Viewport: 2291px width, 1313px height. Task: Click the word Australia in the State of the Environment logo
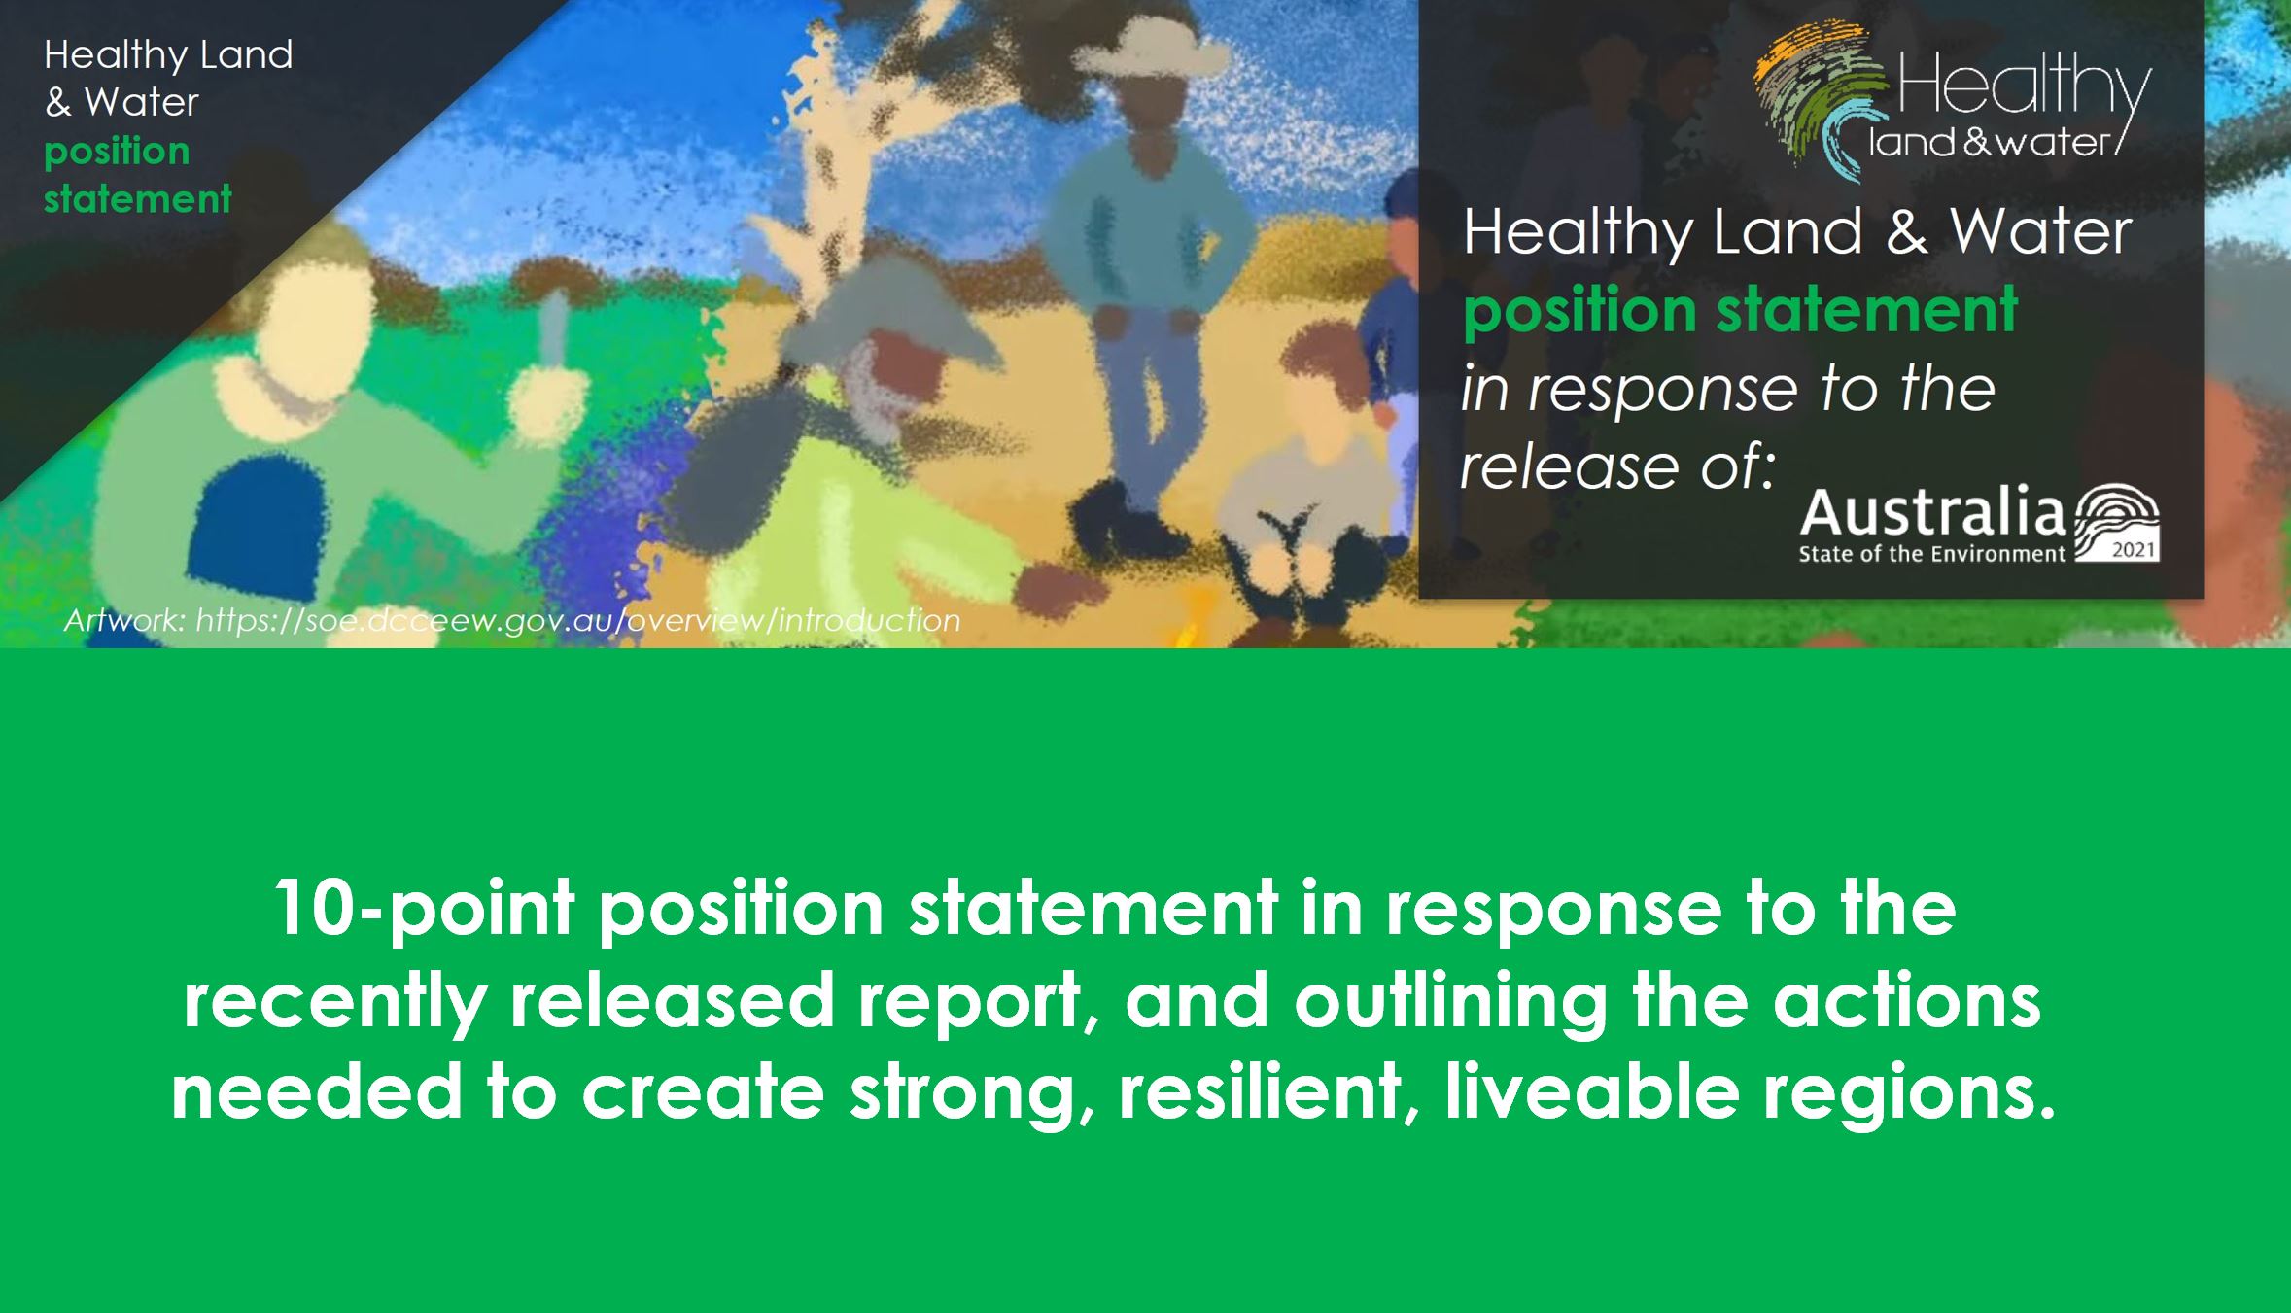pyautogui.click(x=1931, y=514)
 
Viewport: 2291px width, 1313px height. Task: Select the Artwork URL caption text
pyautogui.click(x=512, y=620)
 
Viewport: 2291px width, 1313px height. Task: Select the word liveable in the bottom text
pyautogui.click(x=1591, y=1090)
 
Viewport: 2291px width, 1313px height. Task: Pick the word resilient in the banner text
pyautogui.click(x=1264, y=1090)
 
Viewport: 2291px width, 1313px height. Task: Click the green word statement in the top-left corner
pyautogui.click(x=137, y=199)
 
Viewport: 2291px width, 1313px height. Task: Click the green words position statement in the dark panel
pyautogui.click(x=1740, y=309)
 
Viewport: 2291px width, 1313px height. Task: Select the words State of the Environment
pyautogui.click(x=1931, y=555)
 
